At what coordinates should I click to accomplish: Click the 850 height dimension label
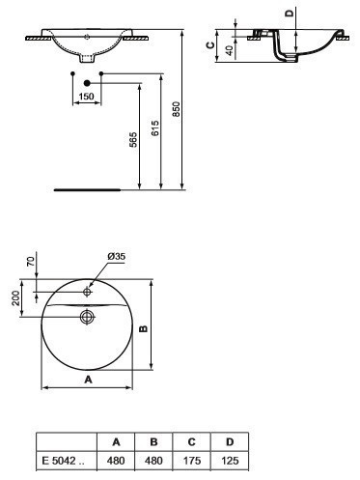click(176, 109)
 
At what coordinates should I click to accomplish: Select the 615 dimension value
click(155, 128)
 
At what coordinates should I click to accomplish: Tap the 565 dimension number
click(133, 139)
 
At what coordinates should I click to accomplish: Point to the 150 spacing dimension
click(87, 97)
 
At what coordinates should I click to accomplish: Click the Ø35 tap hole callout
click(117, 256)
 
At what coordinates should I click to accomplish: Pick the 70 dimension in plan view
click(31, 262)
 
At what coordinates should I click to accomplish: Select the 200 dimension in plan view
click(15, 298)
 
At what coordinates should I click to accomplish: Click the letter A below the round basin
click(88, 380)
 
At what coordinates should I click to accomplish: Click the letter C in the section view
click(210, 45)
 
